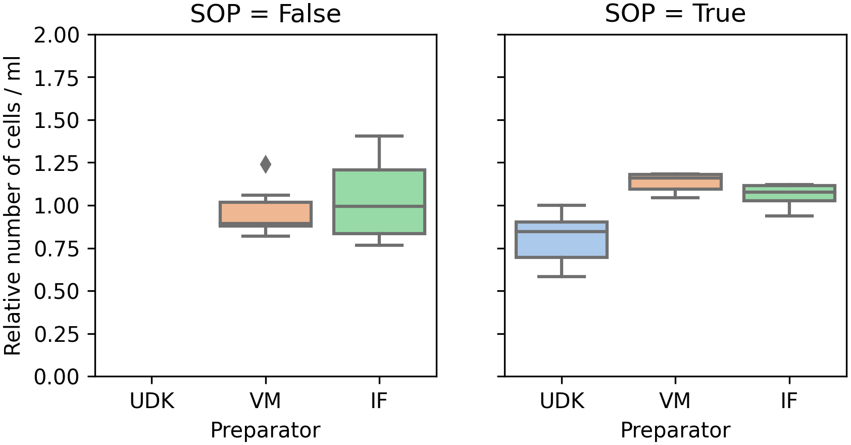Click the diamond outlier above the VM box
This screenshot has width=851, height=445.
(x=266, y=164)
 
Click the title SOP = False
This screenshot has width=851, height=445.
(x=266, y=14)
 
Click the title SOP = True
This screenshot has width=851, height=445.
(x=675, y=14)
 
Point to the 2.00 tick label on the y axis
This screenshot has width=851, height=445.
(x=57, y=35)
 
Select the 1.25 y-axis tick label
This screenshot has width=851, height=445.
(x=57, y=163)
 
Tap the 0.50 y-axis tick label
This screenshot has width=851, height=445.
(x=57, y=292)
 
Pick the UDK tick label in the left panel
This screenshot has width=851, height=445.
(x=152, y=402)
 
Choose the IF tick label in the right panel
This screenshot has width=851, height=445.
(x=789, y=402)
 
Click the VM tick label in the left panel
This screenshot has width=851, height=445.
(x=266, y=402)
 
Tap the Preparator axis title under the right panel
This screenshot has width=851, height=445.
(x=675, y=431)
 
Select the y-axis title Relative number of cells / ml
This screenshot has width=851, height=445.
(x=13, y=205)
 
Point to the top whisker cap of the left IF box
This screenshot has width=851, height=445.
(x=379, y=136)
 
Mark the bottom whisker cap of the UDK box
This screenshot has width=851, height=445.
(x=562, y=277)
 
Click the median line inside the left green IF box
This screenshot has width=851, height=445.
(x=379, y=206)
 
